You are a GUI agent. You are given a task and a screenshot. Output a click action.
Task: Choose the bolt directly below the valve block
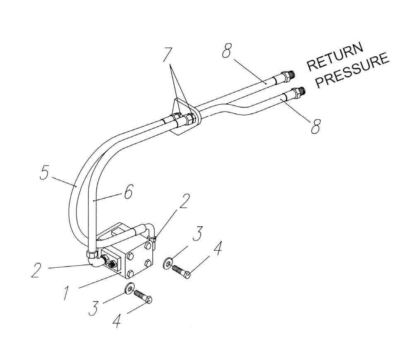point(144,297)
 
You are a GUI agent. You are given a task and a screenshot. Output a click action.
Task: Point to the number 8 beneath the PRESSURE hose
point(315,126)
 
